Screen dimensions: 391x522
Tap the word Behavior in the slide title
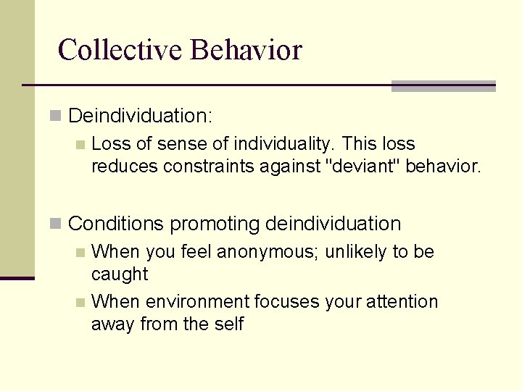246,50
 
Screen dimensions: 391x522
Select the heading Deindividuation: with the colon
139,115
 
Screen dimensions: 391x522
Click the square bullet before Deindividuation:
56,115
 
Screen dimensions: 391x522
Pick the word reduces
125,167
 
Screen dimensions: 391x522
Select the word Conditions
116,224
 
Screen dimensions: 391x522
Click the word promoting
215,224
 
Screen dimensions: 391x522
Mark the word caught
120,274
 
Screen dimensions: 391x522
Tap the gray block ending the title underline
443,86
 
